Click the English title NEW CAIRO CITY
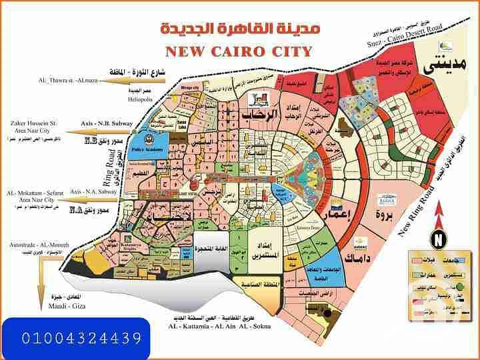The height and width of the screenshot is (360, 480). coord(239,51)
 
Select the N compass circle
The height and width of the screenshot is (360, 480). coord(438,238)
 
